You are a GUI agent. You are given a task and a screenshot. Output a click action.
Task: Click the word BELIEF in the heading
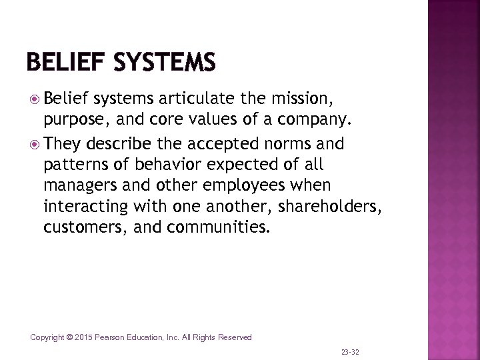coord(65,63)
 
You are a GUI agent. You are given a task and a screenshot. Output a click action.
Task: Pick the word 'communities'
coord(217,227)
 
